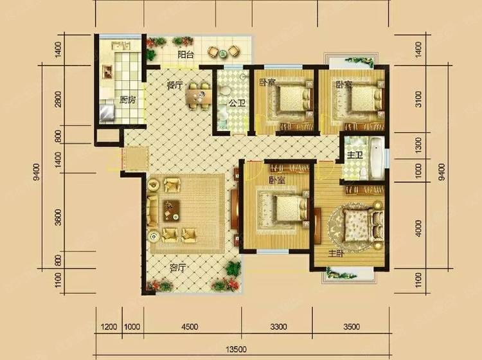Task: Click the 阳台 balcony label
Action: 186,55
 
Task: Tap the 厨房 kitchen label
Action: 128,100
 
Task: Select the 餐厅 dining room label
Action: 175,85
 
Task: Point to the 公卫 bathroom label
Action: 237,104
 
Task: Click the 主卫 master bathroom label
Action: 355,156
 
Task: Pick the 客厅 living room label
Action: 178,268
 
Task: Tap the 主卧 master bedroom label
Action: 336,254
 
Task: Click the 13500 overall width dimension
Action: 236,349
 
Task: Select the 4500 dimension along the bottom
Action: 190,327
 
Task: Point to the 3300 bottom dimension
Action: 278,327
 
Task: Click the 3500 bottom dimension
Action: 351,327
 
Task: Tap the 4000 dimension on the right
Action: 418,228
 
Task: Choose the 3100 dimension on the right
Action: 418,99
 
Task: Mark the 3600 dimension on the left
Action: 58,217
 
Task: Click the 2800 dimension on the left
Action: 58,99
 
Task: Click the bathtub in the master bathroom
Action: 377,158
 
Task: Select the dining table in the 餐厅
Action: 199,96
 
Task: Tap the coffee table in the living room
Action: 172,211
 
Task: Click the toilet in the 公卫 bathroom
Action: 226,91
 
